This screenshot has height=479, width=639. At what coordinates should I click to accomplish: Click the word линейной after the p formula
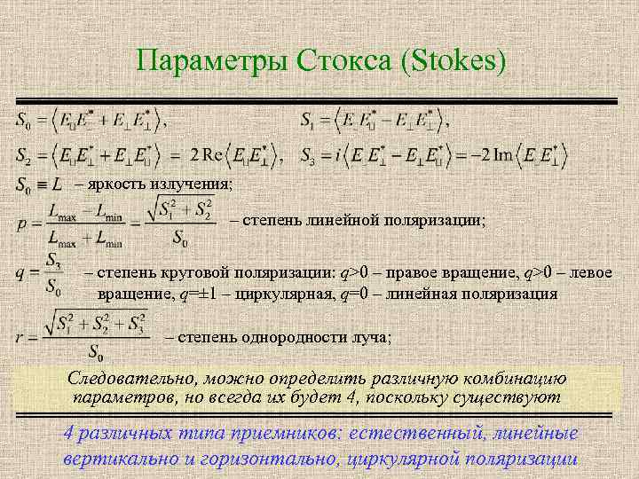(x=351, y=221)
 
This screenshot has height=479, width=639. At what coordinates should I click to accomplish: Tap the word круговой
(x=198, y=273)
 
